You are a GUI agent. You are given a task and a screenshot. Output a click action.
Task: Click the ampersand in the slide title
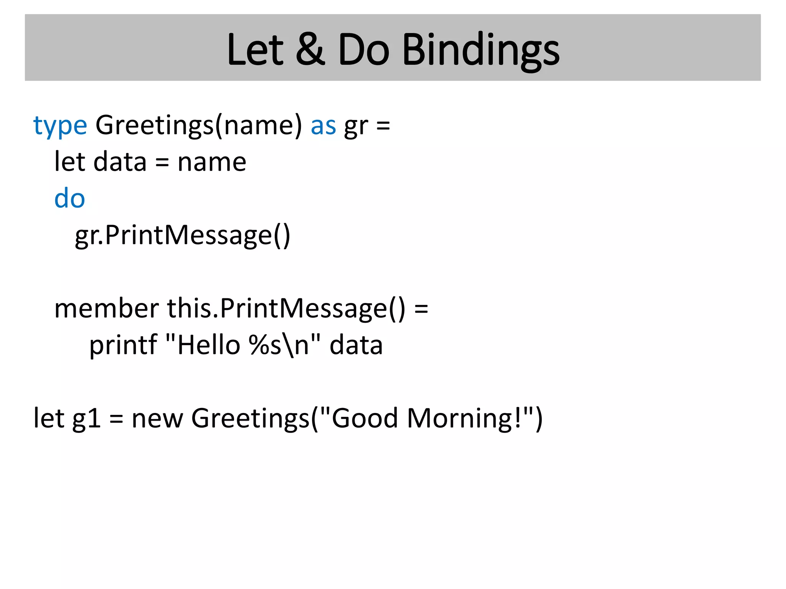(310, 50)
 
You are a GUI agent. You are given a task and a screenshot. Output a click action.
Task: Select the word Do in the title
(363, 50)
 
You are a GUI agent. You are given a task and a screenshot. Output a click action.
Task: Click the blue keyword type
(60, 126)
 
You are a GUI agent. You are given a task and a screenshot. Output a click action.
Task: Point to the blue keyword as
(323, 126)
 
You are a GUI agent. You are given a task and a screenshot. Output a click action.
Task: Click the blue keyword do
(69, 198)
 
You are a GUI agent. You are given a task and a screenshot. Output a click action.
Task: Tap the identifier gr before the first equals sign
(356, 126)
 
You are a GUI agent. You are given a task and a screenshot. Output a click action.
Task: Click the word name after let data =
(212, 162)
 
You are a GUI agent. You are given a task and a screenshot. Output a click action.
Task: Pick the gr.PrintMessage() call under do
(183, 235)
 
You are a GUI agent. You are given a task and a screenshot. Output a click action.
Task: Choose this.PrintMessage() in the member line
(286, 309)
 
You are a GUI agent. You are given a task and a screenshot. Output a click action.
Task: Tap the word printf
(123, 345)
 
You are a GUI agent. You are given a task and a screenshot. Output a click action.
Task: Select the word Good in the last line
(365, 418)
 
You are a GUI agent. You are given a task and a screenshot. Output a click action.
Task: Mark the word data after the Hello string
(356, 345)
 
